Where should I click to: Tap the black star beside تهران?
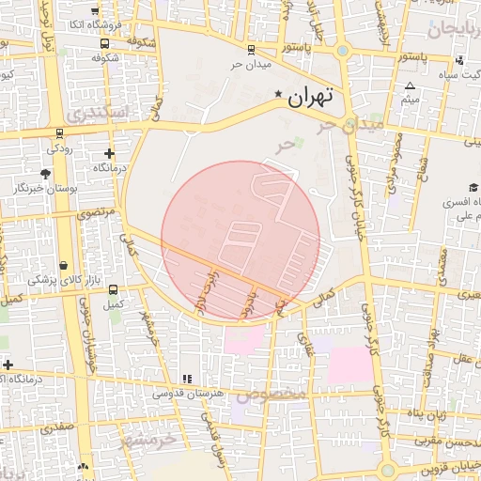coord(278,95)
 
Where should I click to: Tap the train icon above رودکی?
coord(60,132)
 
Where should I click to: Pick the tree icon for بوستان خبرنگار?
coord(45,174)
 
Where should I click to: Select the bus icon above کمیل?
coord(114,289)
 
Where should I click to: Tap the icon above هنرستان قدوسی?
coord(187,379)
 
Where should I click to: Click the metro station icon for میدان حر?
coord(250,50)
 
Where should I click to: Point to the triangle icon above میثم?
coord(410,85)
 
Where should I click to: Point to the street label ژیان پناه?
coord(430,413)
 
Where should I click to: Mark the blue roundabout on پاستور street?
coord(342,52)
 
